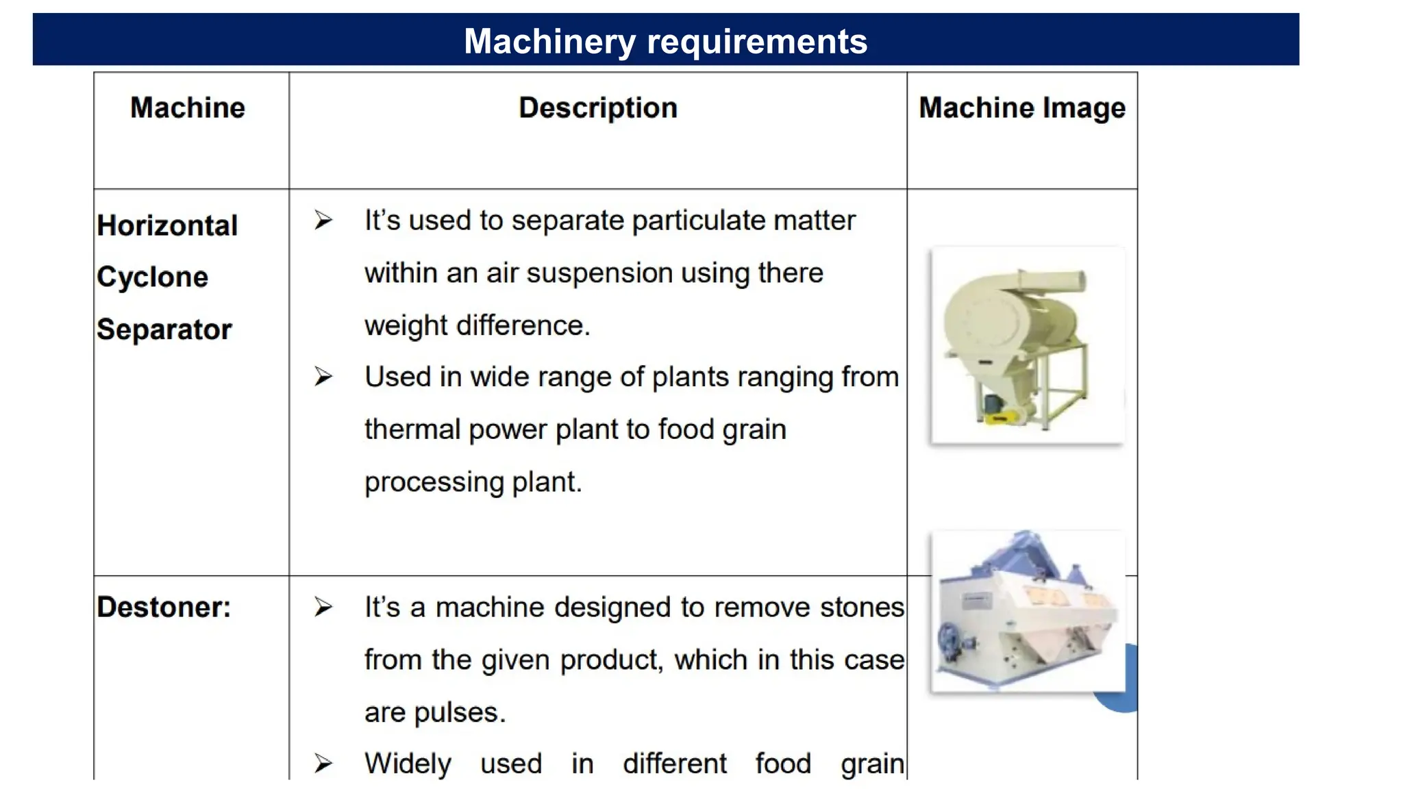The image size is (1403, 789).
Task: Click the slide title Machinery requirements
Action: click(x=665, y=41)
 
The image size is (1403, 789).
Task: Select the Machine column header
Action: click(x=188, y=108)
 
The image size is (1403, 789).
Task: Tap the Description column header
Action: click(x=597, y=108)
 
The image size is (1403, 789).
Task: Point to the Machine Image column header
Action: click(x=1021, y=108)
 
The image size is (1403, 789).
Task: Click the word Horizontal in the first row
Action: click(x=167, y=226)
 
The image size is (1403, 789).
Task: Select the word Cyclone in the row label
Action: click(x=152, y=277)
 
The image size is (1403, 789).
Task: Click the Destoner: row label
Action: click(x=164, y=608)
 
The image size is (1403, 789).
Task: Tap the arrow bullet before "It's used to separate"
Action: click(x=323, y=221)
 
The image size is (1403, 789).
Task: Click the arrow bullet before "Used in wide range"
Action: click(x=323, y=377)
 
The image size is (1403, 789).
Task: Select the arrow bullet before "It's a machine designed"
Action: click(x=323, y=608)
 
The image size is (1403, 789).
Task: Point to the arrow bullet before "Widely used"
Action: click(x=323, y=764)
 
